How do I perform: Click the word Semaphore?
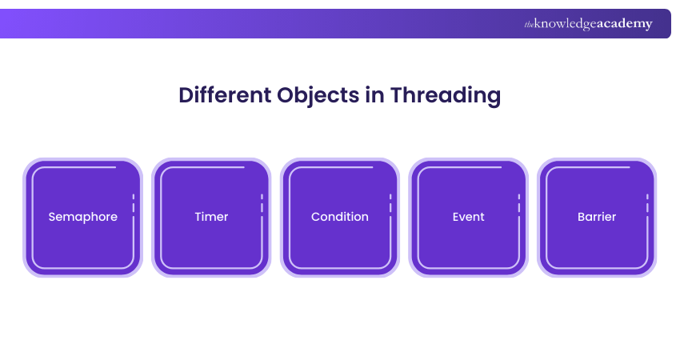click(x=83, y=217)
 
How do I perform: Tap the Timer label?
click(x=211, y=217)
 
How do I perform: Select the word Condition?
click(x=339, y=217)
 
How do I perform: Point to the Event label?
click(x=468, y=217)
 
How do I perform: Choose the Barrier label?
click(x=597, y=217)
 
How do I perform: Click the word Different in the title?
click(x=226, y=94)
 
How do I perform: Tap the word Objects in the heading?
click(x=318, y=96)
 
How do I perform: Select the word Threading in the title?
click(x=446, y=96)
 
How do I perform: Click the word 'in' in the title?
click(x=374, y=95)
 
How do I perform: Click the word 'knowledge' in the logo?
click(x=566, y=24)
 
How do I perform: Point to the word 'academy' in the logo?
click(x=625, y=24)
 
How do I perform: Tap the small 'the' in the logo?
click(x=529, y=25)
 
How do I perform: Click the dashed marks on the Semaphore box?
click(x=133, y=203)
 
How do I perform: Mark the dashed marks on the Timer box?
click(x=262, y=203)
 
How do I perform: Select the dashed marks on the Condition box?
click(x=390, y=203)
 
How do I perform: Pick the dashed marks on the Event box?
click(x=518, y=203)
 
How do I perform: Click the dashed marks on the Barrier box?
click(x=647, y=203)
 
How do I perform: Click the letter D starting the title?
click(x=186, y=95)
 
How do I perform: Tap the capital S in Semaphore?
click(x=52, y=217)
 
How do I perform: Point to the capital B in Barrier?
click(x=582, y=217)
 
